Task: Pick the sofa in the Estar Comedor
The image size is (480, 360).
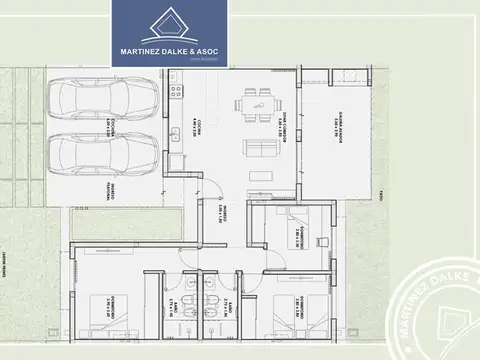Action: point(263,150)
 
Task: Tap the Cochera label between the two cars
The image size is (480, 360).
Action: point(117,125)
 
